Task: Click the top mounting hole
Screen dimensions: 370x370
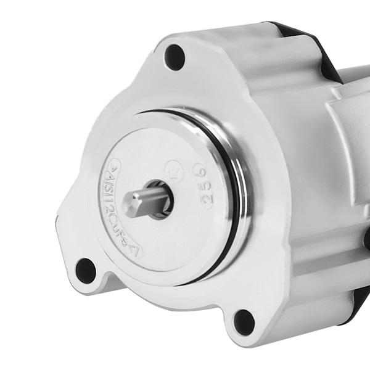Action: pos(175,57)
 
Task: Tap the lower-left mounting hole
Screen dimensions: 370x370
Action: pos(86,270)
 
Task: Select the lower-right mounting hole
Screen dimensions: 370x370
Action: pos(244,322)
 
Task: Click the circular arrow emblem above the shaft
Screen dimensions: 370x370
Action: pos(175,167)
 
